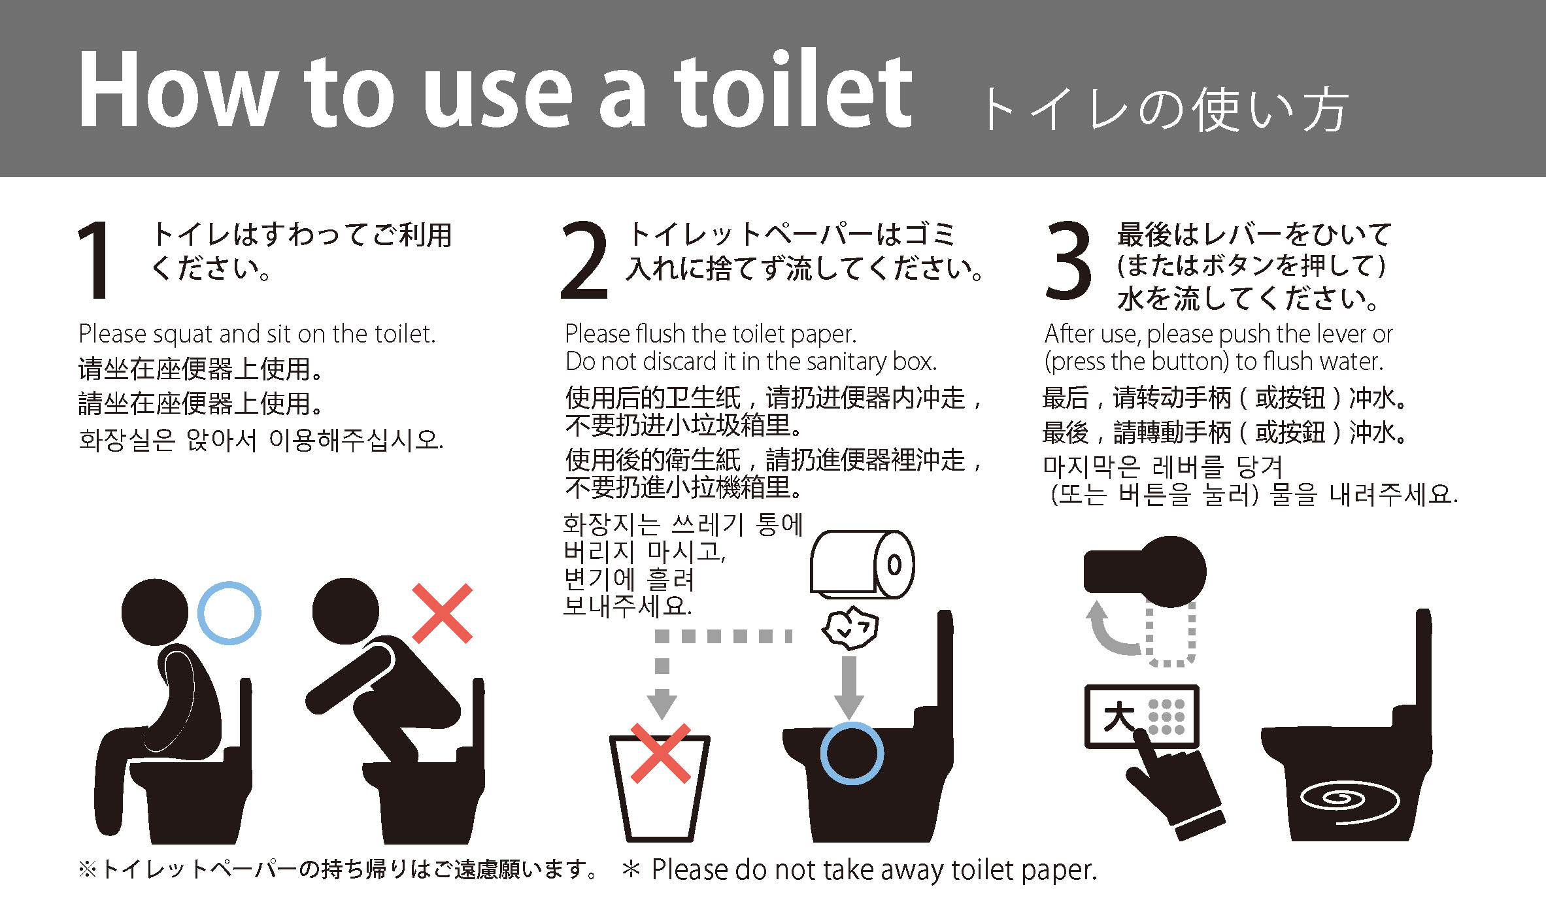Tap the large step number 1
(x=94, y=260)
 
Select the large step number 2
(x=584, y=260)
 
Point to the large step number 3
(x=1068, y=260)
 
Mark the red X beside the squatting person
(x=442, y=613)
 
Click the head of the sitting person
(x=155, y=612)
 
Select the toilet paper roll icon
(x=862, y=564)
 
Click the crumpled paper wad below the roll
(x=850, y=628)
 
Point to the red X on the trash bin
(x=660, y=753)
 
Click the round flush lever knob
(x=1171, y=571)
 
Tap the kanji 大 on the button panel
(x=1118, y=716)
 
